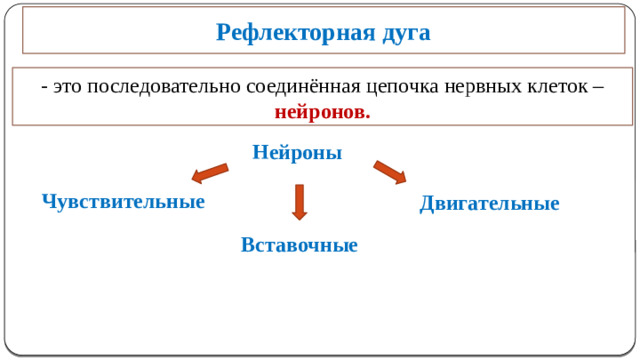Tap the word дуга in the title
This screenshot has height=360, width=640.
coord(405,33)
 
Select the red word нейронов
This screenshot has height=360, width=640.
coord(321,111)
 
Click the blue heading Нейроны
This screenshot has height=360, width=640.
coord(297,153)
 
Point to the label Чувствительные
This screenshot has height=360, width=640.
coord(123,201)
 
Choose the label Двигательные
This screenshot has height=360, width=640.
coord(489,204)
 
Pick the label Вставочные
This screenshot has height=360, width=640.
coord(299,245)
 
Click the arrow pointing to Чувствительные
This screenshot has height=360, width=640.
coord(210,173)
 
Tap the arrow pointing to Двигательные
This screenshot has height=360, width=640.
coord(389,172)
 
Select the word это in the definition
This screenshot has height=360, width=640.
coord(67,87)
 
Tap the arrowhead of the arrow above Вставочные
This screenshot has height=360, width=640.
coord(299,214)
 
